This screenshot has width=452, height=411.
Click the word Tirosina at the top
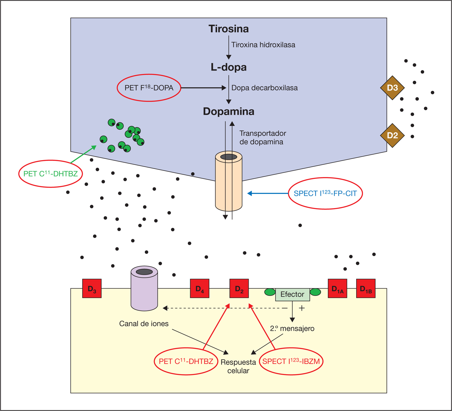coord(228,29)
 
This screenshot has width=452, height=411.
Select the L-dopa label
coord(228,67)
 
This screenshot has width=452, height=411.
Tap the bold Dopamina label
coord(228,111)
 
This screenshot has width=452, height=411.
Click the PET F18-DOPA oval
coord(149,88)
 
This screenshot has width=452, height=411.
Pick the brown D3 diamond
coord(392,88)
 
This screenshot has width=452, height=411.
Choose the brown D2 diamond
coord(392,135)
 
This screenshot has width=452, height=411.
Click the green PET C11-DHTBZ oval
coord(51,174)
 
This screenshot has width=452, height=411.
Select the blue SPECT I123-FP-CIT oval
coord(325,193)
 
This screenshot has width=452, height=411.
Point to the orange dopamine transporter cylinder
coord(229,183)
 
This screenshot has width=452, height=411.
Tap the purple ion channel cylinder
coord(144,289)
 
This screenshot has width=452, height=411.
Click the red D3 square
coord(92,288)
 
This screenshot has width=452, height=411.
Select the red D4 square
coord(200,288)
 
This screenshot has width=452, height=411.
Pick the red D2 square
coord(239,288)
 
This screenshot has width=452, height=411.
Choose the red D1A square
coord(337,288)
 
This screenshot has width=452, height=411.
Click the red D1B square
coord(366,288)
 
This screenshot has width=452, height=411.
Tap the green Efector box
coord(292,294)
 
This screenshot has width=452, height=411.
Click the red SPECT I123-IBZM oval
coord(291,361)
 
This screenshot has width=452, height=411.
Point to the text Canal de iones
coord(144,324)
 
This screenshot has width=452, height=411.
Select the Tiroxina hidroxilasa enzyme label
coord(263,45)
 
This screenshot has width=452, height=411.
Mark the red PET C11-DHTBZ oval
coord(186,361)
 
